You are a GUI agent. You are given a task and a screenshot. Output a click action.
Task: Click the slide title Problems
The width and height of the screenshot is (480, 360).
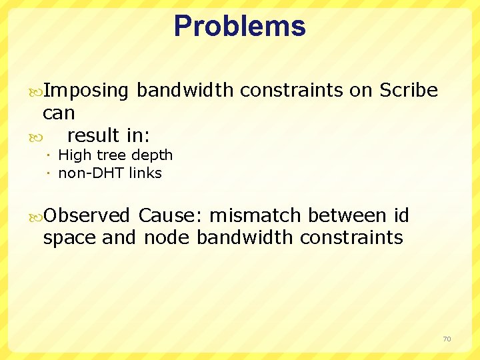pyautogui.click(x=239, y=27)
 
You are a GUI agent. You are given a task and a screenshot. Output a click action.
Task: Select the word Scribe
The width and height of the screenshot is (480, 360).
pyautogui.click(x=408, y=91)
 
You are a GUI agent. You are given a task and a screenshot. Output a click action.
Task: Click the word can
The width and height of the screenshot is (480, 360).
pyautogui.click(x=59, y=113)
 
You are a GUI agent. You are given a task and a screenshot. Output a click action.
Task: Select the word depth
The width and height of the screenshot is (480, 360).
pyautogui.click(x=153, y=155)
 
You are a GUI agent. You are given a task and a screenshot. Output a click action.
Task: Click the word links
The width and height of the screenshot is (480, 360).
pyautogui.click(x=146, y=173)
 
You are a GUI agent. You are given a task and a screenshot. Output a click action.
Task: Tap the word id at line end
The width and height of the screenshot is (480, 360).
pyautogui.click(x=401, y=215)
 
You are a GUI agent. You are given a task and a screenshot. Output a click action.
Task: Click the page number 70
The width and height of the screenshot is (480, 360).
pyautogui.click(x=447, y=339)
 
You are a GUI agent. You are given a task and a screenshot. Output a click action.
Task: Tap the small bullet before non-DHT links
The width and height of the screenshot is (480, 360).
pyautogui.click(x=51, y=174)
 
